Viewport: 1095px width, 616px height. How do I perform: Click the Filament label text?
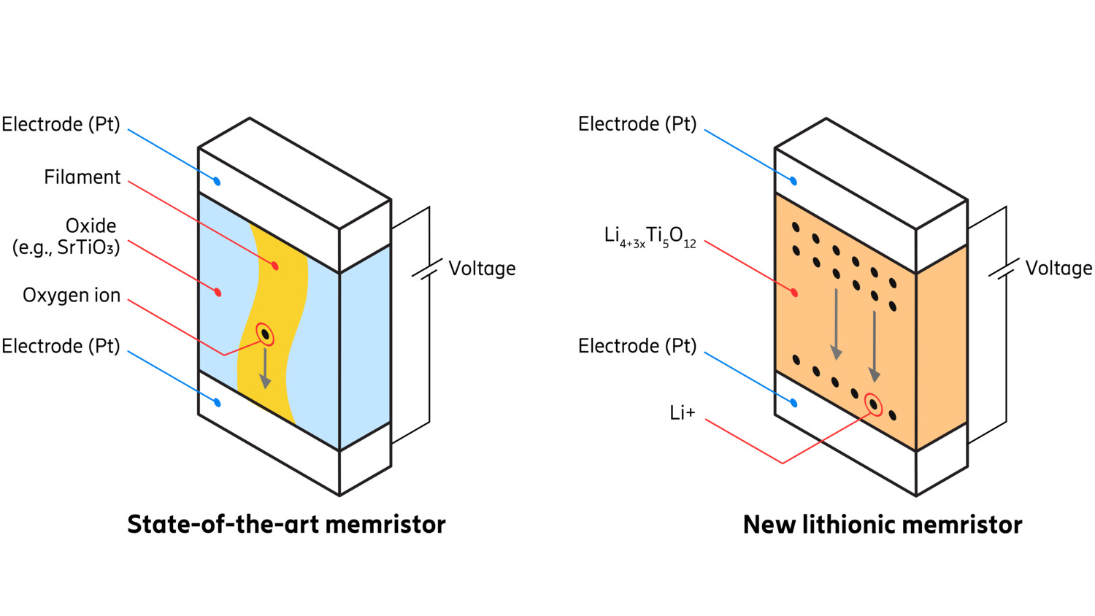[x=82, y=177]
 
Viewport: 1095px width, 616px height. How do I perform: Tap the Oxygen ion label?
[x=72, y=295]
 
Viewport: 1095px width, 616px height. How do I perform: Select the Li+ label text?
[x=682, y=413]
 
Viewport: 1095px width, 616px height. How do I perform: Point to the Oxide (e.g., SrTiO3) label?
[x=66, y=236]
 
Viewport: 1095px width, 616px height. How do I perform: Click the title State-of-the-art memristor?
[x=286, y=524]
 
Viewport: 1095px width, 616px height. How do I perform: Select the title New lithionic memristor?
[x=882, y=525]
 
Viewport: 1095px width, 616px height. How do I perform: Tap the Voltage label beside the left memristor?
[x=482, y=269]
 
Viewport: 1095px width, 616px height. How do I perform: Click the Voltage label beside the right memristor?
[x=1058, y=269]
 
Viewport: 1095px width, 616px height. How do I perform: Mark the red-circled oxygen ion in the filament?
[x=266, y=335]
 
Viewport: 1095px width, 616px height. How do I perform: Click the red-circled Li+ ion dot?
[x=873, y=404]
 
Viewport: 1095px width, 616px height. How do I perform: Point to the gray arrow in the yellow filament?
[x=265, y=369]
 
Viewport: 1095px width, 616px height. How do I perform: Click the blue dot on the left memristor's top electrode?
[x=217, y=181]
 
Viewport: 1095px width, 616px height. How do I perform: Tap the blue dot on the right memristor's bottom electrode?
[x=794, y=403]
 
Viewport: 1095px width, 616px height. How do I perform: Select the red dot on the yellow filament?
[x=275, y=266]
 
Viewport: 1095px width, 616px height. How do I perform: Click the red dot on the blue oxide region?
[x=218, y=293]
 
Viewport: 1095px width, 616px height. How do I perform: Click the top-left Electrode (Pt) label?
[x=61, y=124]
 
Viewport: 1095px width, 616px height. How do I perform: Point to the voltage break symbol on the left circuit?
[x=428, y=269]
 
